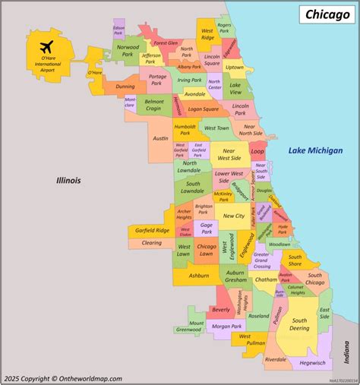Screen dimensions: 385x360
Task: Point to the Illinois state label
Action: coord(68,181)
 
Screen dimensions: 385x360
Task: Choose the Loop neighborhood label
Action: coord(257,151)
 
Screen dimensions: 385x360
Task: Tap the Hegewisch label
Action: coord(311,363)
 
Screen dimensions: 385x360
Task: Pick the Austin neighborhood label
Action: coord(160,138)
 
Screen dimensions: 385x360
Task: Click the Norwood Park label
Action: coord(127,51)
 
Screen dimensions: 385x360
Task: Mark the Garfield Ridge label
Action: coord(152,230)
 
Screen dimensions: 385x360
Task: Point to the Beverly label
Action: coord(220,310)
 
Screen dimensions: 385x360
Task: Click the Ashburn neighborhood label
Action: coord(199,276)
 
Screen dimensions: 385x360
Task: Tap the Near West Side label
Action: coord(228,156)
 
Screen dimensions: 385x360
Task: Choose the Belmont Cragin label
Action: coord(154,105)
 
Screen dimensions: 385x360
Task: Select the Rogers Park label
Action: coord(224,29)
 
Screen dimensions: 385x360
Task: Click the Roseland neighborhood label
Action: coord(260,316)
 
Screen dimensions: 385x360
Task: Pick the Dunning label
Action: coord(125,87)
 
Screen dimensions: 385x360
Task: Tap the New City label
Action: coord(233,216)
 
